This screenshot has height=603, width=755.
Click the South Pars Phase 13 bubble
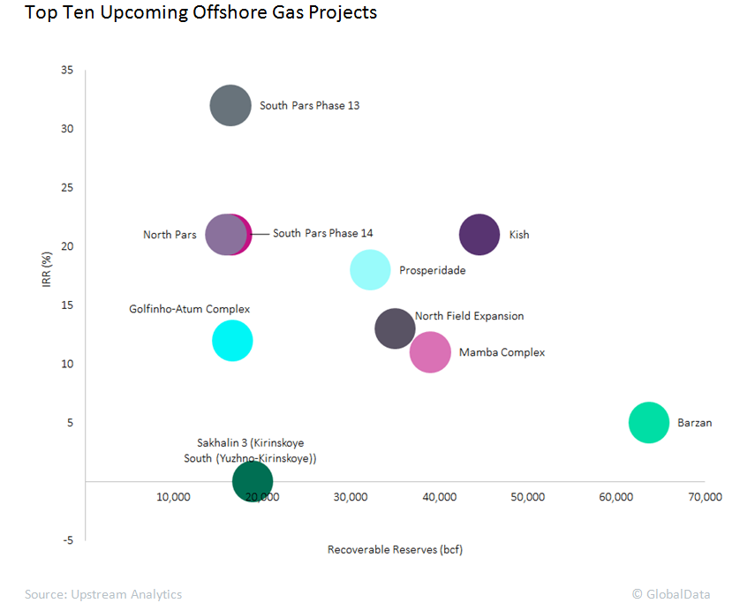231,106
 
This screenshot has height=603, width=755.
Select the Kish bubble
479,235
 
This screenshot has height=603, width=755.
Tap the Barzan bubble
650,423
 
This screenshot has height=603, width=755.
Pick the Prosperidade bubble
370,270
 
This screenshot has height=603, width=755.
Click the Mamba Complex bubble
430,353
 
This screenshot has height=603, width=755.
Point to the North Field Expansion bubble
395,328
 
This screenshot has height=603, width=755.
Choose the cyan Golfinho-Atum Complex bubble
232,341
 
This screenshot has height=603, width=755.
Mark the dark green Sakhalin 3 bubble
253,481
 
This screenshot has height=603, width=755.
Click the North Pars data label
170,235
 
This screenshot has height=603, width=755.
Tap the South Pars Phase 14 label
322,233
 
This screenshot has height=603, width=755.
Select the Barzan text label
694,423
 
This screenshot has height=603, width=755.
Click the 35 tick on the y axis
67,70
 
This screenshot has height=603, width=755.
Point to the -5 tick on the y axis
67,540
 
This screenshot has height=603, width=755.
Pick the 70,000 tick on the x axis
705,497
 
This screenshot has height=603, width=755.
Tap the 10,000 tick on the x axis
173,497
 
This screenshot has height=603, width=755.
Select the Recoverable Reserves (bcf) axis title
395,549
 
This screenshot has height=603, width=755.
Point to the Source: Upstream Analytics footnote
103,594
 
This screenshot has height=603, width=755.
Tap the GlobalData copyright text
670,594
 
